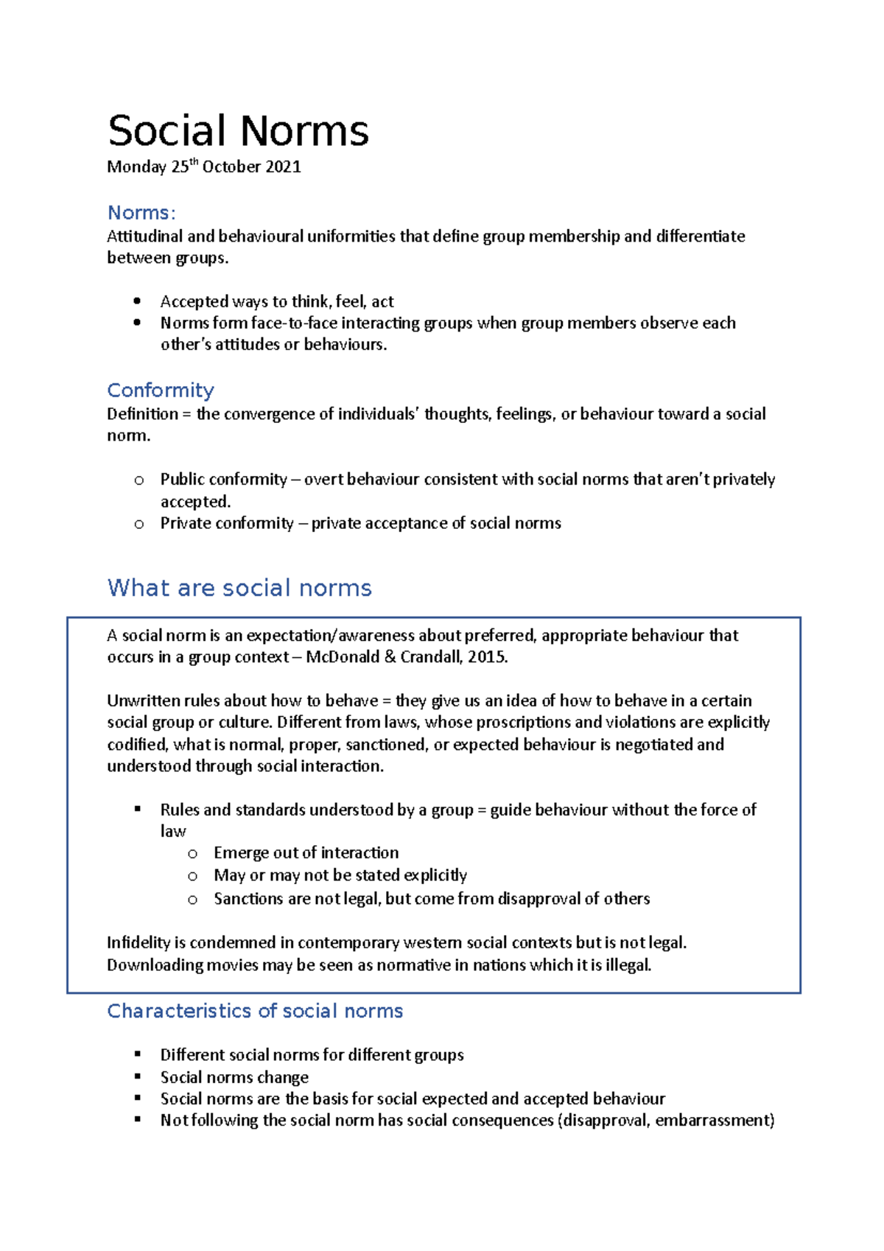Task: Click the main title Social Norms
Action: tap(238, 131)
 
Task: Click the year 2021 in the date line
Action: tap(283, 167)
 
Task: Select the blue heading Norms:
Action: tap(141, 213)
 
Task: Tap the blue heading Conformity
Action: tap(161, 390)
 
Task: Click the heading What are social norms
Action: tap(239, 588)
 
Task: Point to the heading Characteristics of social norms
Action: tap(255, 1011)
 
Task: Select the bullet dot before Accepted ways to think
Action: tap(137, 301)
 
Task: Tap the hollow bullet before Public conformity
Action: tap(139, 480)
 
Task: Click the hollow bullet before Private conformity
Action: tap(139, 525)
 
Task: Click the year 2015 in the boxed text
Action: tap(486, 657)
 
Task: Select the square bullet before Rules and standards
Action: tap(138, 809)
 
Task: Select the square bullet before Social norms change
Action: tap(138, 1076)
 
